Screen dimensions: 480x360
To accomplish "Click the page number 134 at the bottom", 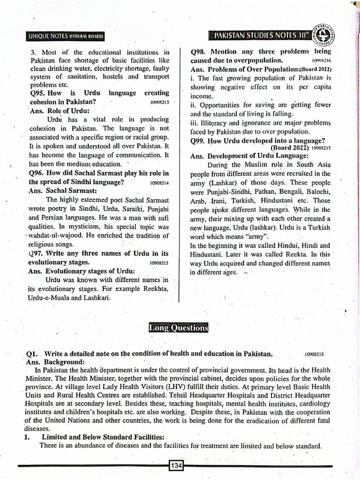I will tap(176, 465).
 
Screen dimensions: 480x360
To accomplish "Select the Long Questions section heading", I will tap(178, 328).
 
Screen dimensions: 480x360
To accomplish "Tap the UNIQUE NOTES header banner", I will tap(66, 36).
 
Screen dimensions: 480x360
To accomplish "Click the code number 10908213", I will tap(162, 102).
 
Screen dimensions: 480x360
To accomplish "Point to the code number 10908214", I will tap(160, 182).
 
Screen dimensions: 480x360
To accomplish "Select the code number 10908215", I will tap(159, 263).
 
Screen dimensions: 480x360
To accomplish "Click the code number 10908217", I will tap(321, 148).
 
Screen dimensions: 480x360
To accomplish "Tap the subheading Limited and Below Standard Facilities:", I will tap(103, 437).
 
